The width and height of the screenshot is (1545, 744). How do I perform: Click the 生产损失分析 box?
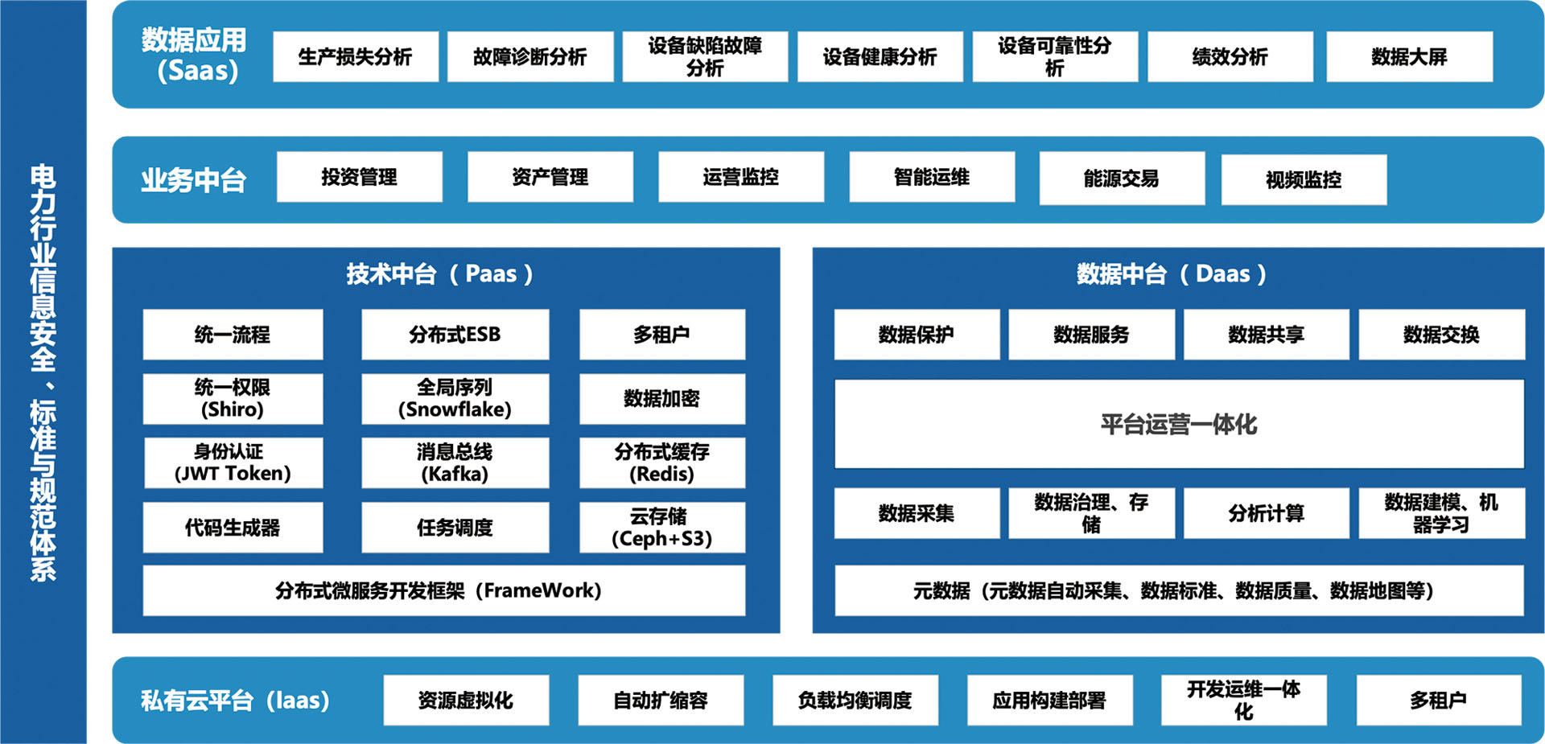tap(355, 56)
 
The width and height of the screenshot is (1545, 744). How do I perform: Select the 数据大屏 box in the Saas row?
tap(1409, 56)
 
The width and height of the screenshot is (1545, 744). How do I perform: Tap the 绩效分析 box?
tap(1230, 56)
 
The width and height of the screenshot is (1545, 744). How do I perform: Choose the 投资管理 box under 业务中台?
tap(359, 177)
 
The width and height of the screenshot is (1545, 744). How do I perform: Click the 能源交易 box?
tap(1121, 179)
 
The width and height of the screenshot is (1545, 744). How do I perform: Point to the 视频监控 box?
tap(1304, 179)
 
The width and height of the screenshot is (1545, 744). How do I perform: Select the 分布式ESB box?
tap(455, 335)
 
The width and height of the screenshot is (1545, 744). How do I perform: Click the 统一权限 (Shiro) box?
tap(233, 399)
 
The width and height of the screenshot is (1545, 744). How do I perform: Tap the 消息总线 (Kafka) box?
tap(455, 463)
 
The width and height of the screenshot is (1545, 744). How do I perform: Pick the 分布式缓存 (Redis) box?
tap(661, 463)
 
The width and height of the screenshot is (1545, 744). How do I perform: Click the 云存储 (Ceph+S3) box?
tap(661, 528)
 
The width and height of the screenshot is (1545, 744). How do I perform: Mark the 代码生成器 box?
tap(233, 528)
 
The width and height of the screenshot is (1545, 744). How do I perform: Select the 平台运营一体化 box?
tap(1179, 424)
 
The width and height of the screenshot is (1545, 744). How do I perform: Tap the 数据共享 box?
tap(1266, 335)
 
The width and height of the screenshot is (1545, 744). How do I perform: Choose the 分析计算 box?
tap(1266, 513)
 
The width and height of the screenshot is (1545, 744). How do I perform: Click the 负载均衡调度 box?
tap(855, 701)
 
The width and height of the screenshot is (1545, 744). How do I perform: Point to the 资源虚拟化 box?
tap(466, 701)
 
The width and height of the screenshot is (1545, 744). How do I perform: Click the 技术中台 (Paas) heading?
tap(439, 274)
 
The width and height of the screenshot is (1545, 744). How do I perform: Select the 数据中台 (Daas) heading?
tap(1171, 274)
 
